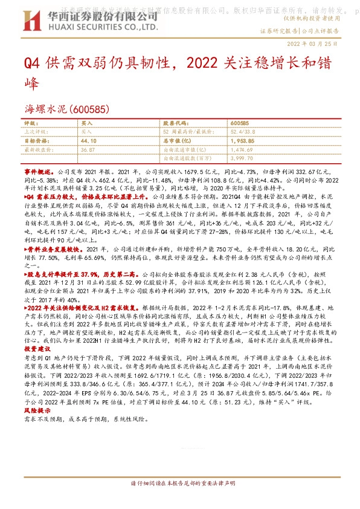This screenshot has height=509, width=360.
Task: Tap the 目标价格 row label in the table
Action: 38,140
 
